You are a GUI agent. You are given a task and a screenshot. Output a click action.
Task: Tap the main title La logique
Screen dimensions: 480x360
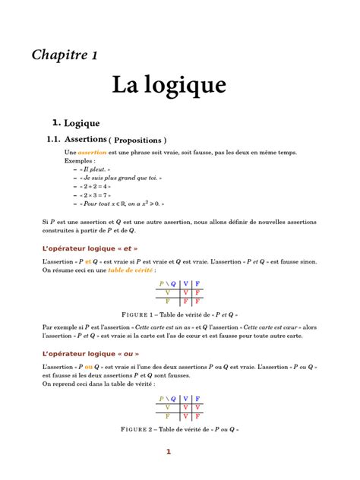(x=169, y=84)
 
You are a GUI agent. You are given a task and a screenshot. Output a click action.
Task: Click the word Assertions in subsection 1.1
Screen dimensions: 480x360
(x=85, y=140)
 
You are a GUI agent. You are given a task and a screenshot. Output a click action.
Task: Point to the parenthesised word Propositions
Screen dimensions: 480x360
(x=137, y=141)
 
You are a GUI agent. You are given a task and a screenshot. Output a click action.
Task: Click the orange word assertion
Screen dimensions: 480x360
(x=93, y=153)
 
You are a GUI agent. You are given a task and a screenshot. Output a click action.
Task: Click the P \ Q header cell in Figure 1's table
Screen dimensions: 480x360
(x=166, y=283)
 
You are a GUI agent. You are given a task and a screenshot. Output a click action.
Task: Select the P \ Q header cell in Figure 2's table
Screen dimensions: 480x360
(x=166, y=398)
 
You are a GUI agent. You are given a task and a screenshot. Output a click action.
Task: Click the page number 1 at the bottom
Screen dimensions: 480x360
(x=169, y=453)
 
